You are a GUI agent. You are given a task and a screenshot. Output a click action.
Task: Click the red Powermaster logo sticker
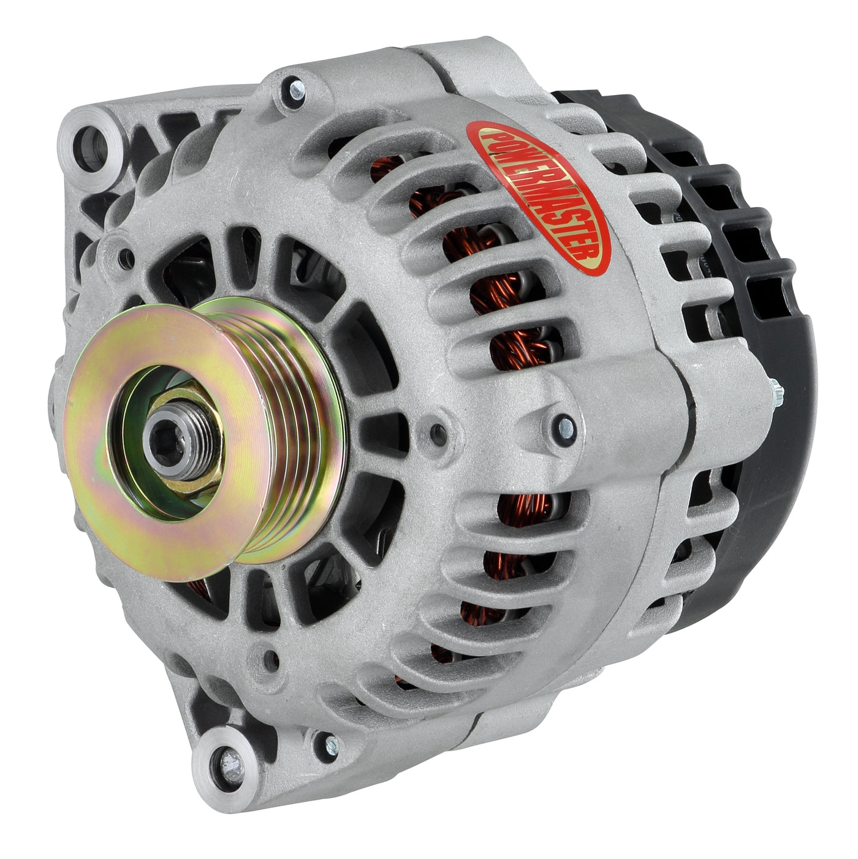click(538, 197)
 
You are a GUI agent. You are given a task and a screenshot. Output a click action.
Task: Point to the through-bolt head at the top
click(296, 91)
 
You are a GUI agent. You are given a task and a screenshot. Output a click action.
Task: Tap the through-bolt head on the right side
click(566, 429)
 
